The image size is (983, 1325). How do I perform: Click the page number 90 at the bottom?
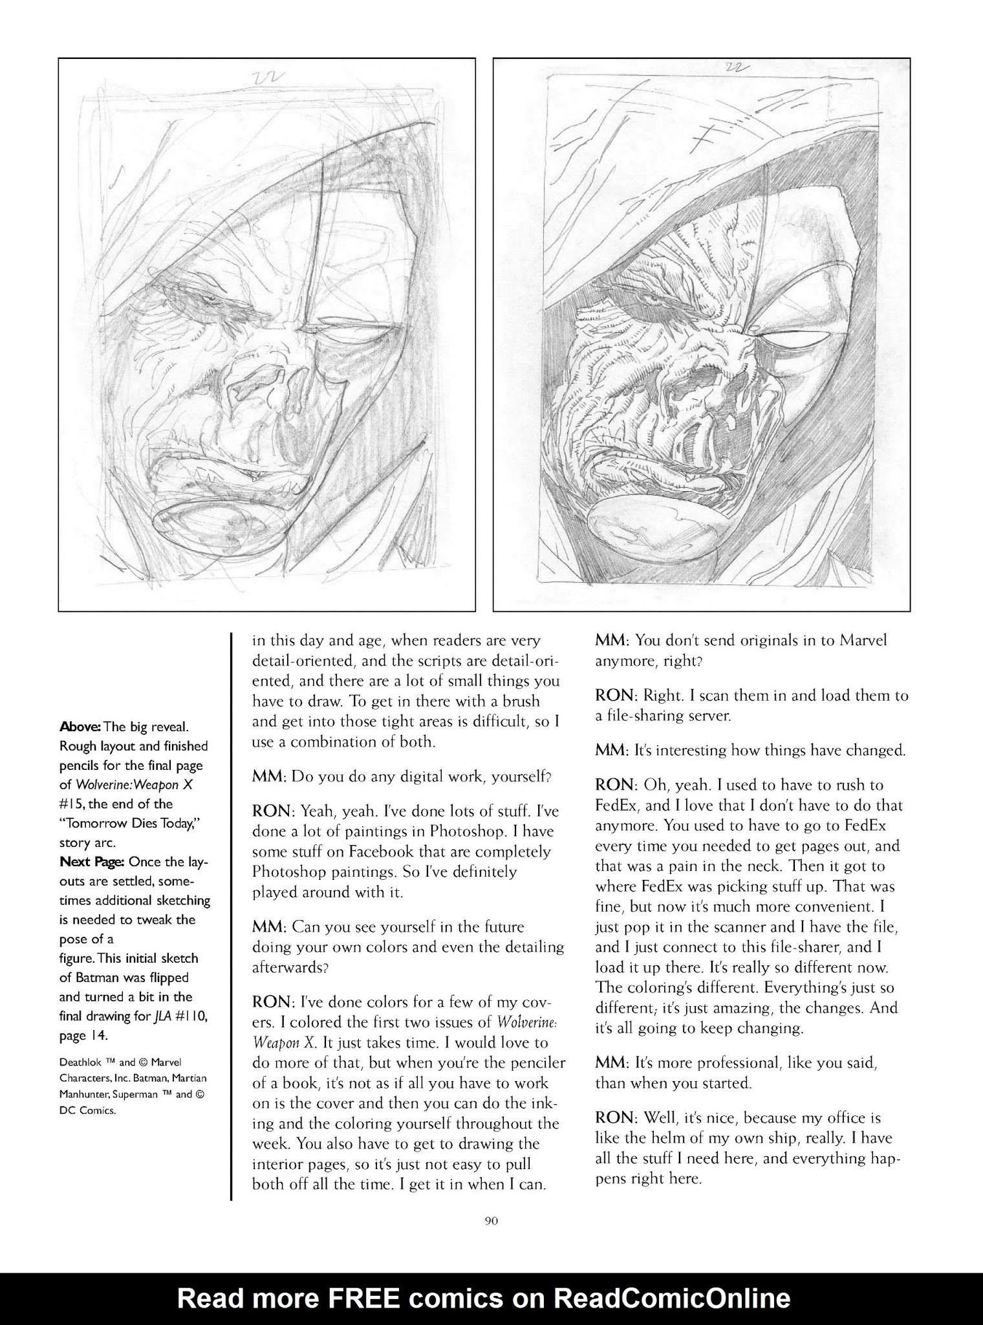[491, 1221]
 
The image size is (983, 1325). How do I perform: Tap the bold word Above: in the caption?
[80, 727]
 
